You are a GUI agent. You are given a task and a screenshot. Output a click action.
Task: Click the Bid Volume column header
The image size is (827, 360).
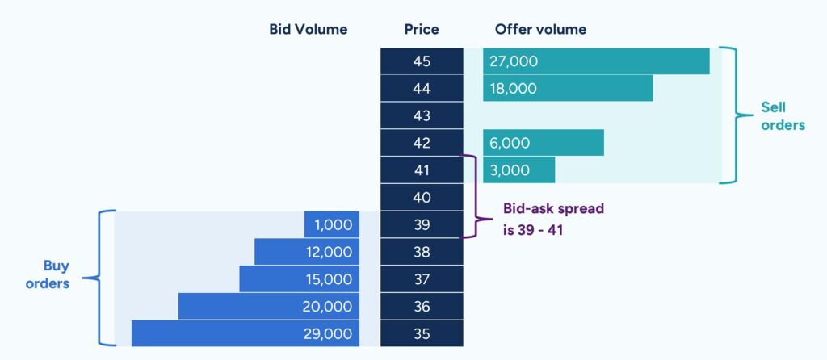tap(308, 30)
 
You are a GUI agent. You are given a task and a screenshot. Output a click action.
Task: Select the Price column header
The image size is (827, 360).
tap(422, 30)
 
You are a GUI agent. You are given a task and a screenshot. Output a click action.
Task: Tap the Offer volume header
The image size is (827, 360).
tap(540, 30)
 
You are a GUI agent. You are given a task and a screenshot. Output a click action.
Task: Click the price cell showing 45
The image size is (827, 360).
tap(422, 61)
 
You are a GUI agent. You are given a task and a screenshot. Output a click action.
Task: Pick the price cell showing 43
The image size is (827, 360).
tap(422, 115)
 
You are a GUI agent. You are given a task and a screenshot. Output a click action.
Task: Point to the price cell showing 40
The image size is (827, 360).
tap(422, 198)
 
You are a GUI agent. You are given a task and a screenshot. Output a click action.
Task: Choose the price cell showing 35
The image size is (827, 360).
tap(422, 333)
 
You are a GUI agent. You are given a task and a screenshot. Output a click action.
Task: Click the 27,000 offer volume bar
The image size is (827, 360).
tap(596, 61)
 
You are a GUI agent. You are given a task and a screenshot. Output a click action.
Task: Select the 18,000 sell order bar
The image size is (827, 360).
tap(568, 88)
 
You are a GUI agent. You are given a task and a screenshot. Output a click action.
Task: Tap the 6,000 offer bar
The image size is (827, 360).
tap(544, 143)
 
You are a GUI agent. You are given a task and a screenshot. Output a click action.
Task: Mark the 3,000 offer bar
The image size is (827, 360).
tap(518, 170)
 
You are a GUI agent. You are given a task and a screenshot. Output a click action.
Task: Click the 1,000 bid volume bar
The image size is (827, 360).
tap(332, 225)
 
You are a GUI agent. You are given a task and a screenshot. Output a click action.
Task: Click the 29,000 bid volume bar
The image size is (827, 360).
tap(246, 333)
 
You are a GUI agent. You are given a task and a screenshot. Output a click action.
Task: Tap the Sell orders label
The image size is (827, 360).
tap(783, 116)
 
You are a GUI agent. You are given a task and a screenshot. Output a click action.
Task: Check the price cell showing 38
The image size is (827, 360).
tap(422, 252)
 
